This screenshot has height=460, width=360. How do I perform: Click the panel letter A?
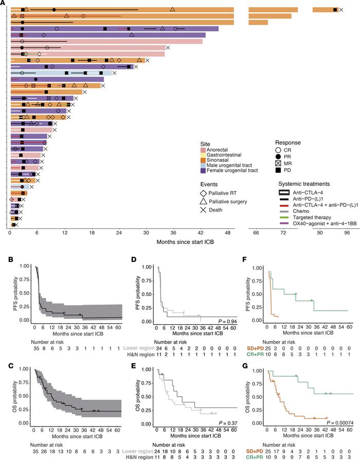[3, 3]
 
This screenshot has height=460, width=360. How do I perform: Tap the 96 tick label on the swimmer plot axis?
[347, 233]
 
